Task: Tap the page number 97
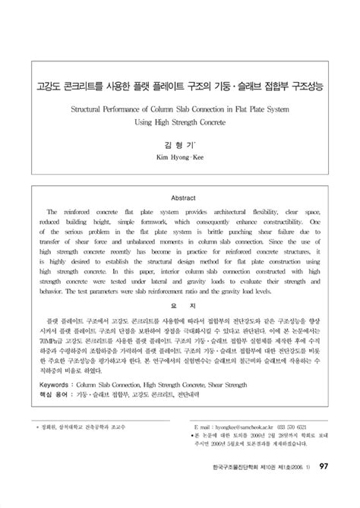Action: point(323,487)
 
